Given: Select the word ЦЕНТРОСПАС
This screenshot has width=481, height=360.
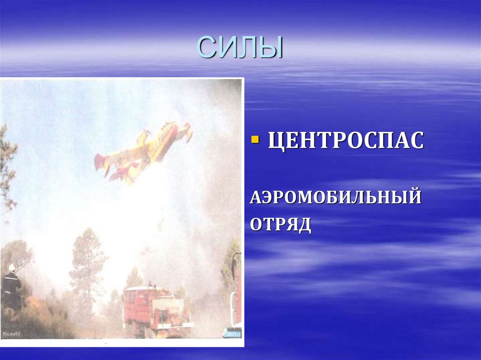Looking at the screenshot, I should (x=346, y=141).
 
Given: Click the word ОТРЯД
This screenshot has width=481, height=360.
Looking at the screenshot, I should (x=280, y=224).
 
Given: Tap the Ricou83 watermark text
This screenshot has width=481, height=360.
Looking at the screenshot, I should (x=12, y=334).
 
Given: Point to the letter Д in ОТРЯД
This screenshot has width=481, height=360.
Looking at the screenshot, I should (x=304, y=225).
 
